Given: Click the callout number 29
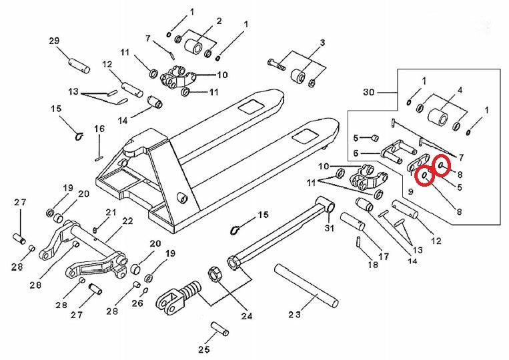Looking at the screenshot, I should [x=54, y=41].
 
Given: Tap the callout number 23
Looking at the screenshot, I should [x=295, y=314].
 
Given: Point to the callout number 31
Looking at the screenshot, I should [x=328, y=230].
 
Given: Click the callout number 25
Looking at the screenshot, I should [x=204, y=349].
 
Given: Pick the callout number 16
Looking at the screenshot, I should [x=99, y=129].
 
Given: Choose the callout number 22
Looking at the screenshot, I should [x=127, y=221].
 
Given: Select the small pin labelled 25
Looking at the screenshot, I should [x=219, y=329].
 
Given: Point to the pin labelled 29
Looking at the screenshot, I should [x=79, y=66].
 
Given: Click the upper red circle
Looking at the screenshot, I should [x=442, y=163].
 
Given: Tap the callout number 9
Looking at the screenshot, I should [x=411, y=191].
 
